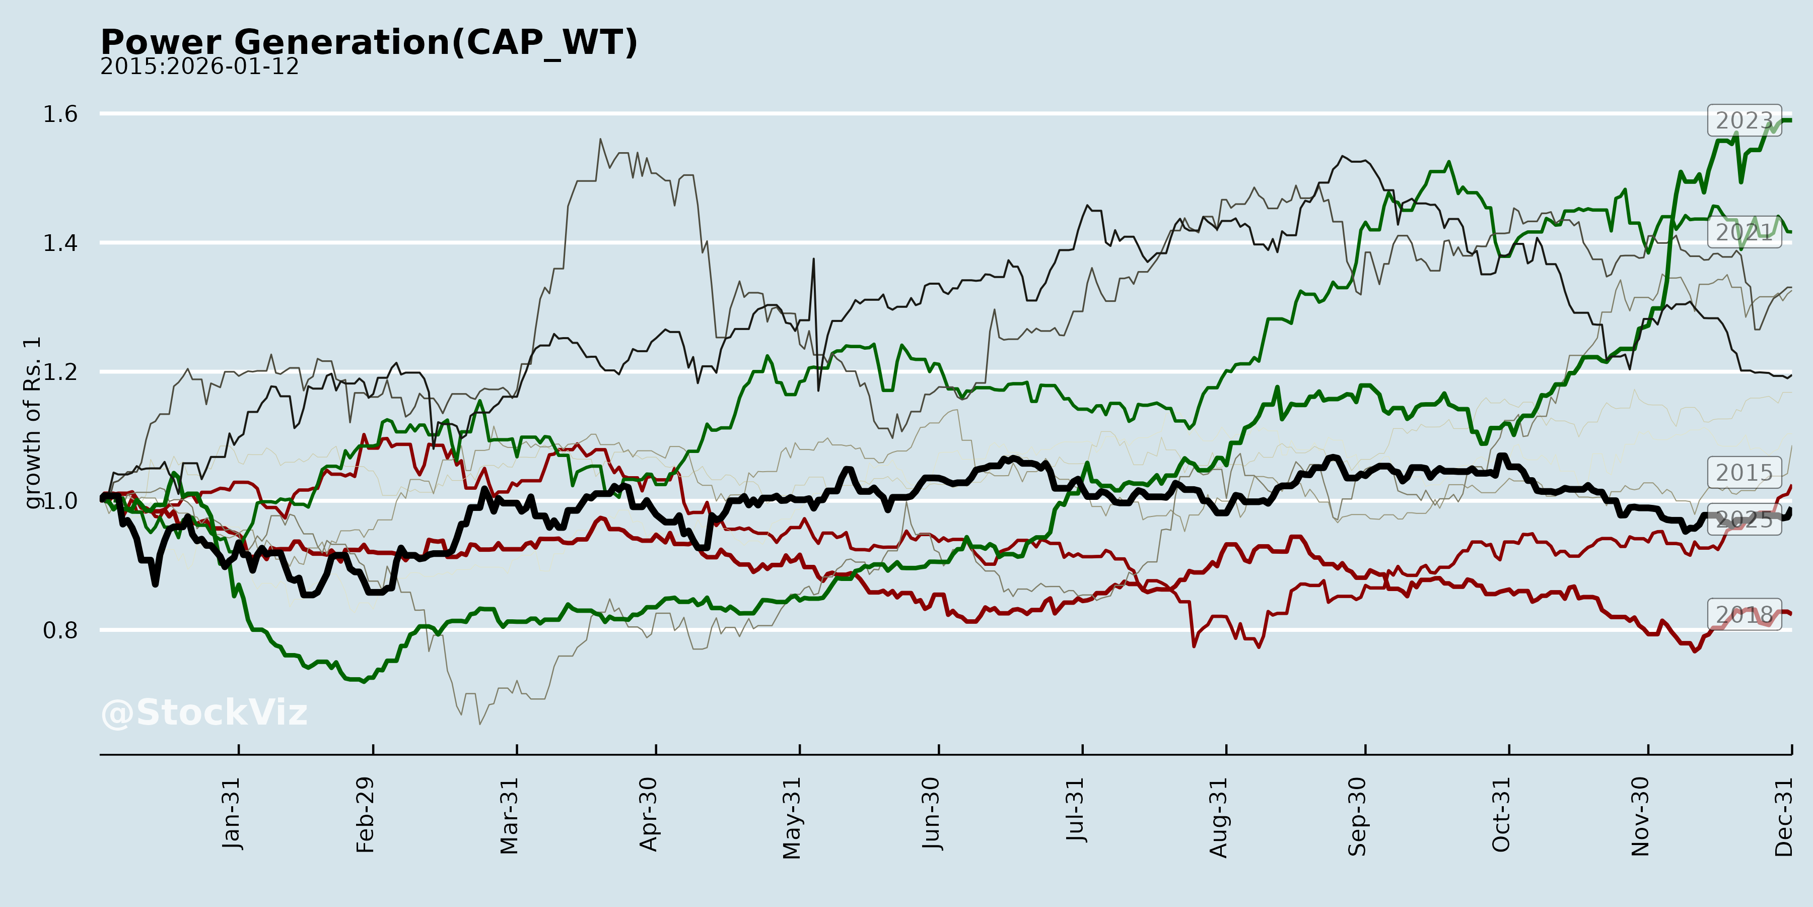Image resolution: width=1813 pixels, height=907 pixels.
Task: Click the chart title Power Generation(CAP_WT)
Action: click(x=369, y=42)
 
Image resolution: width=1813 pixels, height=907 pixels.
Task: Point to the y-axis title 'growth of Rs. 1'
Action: click(x=32, y=423)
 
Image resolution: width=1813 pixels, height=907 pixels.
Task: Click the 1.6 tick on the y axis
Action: click(x=60, y=114)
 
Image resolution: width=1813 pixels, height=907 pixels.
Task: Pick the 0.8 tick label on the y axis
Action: click(x=60, y=630)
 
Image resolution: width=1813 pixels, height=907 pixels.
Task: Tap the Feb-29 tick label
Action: click(x=365, y=815)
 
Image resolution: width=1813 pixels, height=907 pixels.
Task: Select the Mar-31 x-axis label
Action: click(x=509, y=815)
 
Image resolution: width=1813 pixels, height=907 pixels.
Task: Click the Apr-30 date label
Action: click(x=648, y=814)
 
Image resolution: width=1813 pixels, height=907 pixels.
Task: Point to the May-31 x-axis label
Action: click(x=792, y=818)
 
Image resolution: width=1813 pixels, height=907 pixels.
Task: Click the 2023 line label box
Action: click(x=1744, y=120)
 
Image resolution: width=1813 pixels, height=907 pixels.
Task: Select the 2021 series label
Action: click(x=1744, y=232)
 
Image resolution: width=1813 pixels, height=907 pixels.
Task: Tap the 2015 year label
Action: click(x=1744, y=473)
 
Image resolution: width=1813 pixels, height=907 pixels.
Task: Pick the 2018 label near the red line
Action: click(x=1744, y=615)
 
